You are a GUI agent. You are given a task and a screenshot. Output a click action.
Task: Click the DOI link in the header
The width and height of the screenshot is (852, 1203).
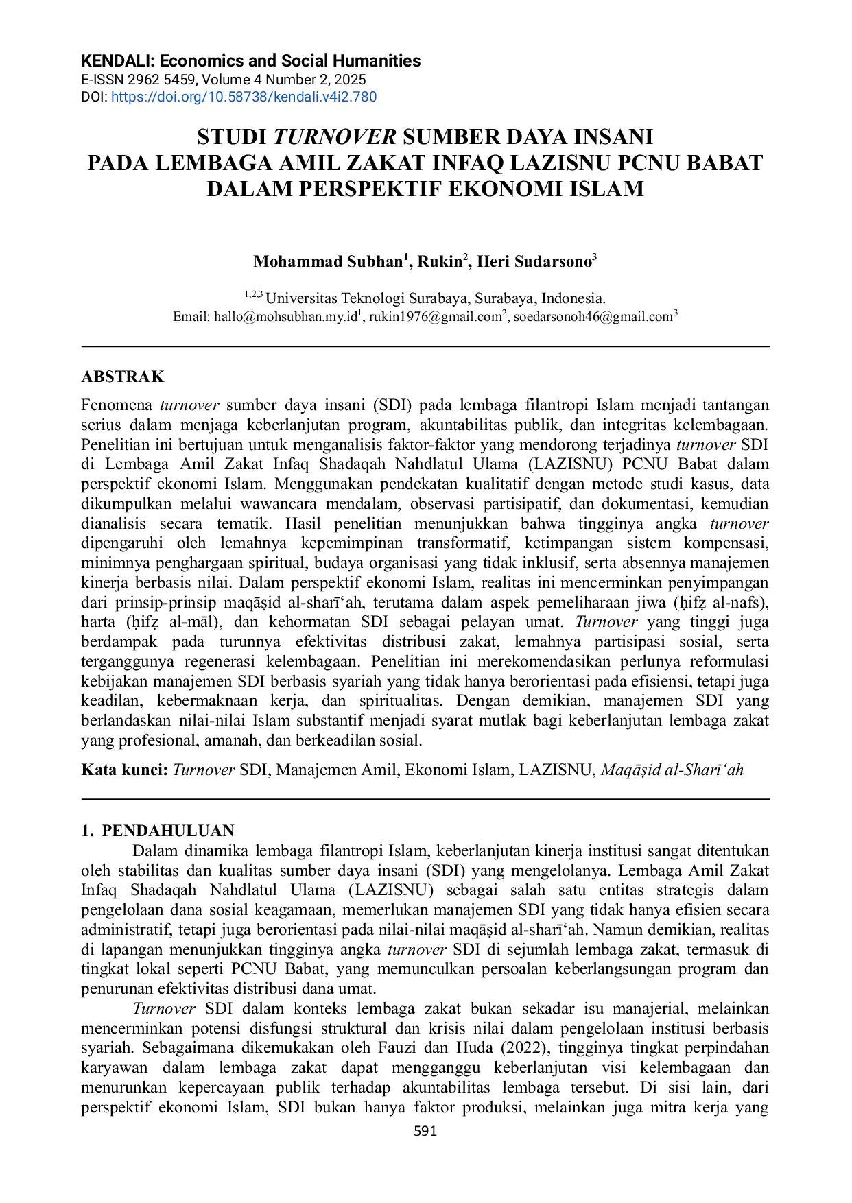pos(244,97)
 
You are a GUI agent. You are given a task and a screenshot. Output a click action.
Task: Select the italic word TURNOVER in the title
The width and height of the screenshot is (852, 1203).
pos(335,137)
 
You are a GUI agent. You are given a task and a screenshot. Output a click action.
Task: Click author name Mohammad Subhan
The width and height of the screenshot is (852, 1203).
pos(328,261)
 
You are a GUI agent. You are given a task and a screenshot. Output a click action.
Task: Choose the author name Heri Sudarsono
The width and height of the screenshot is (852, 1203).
pos(534,261)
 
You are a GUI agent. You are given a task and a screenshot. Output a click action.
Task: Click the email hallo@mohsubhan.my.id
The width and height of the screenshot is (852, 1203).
pos(285,317)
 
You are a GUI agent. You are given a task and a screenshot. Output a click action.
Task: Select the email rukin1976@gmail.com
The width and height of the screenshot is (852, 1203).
pos(435,317)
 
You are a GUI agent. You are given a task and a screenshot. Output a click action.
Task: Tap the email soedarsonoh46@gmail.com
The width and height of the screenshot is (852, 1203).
pos(593,317)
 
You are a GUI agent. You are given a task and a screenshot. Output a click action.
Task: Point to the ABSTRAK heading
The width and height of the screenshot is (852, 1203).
pos(123,377)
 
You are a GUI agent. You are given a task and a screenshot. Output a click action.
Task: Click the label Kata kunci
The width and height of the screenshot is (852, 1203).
pos(124,770)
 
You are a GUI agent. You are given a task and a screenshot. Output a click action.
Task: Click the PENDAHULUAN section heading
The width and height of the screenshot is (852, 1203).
pos(167,831)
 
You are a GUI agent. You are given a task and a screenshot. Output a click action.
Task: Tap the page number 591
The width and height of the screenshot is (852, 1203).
pos(425,1131)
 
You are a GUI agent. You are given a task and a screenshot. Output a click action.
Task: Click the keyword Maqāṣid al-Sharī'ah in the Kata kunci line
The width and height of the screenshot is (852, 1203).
pos(672,770)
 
